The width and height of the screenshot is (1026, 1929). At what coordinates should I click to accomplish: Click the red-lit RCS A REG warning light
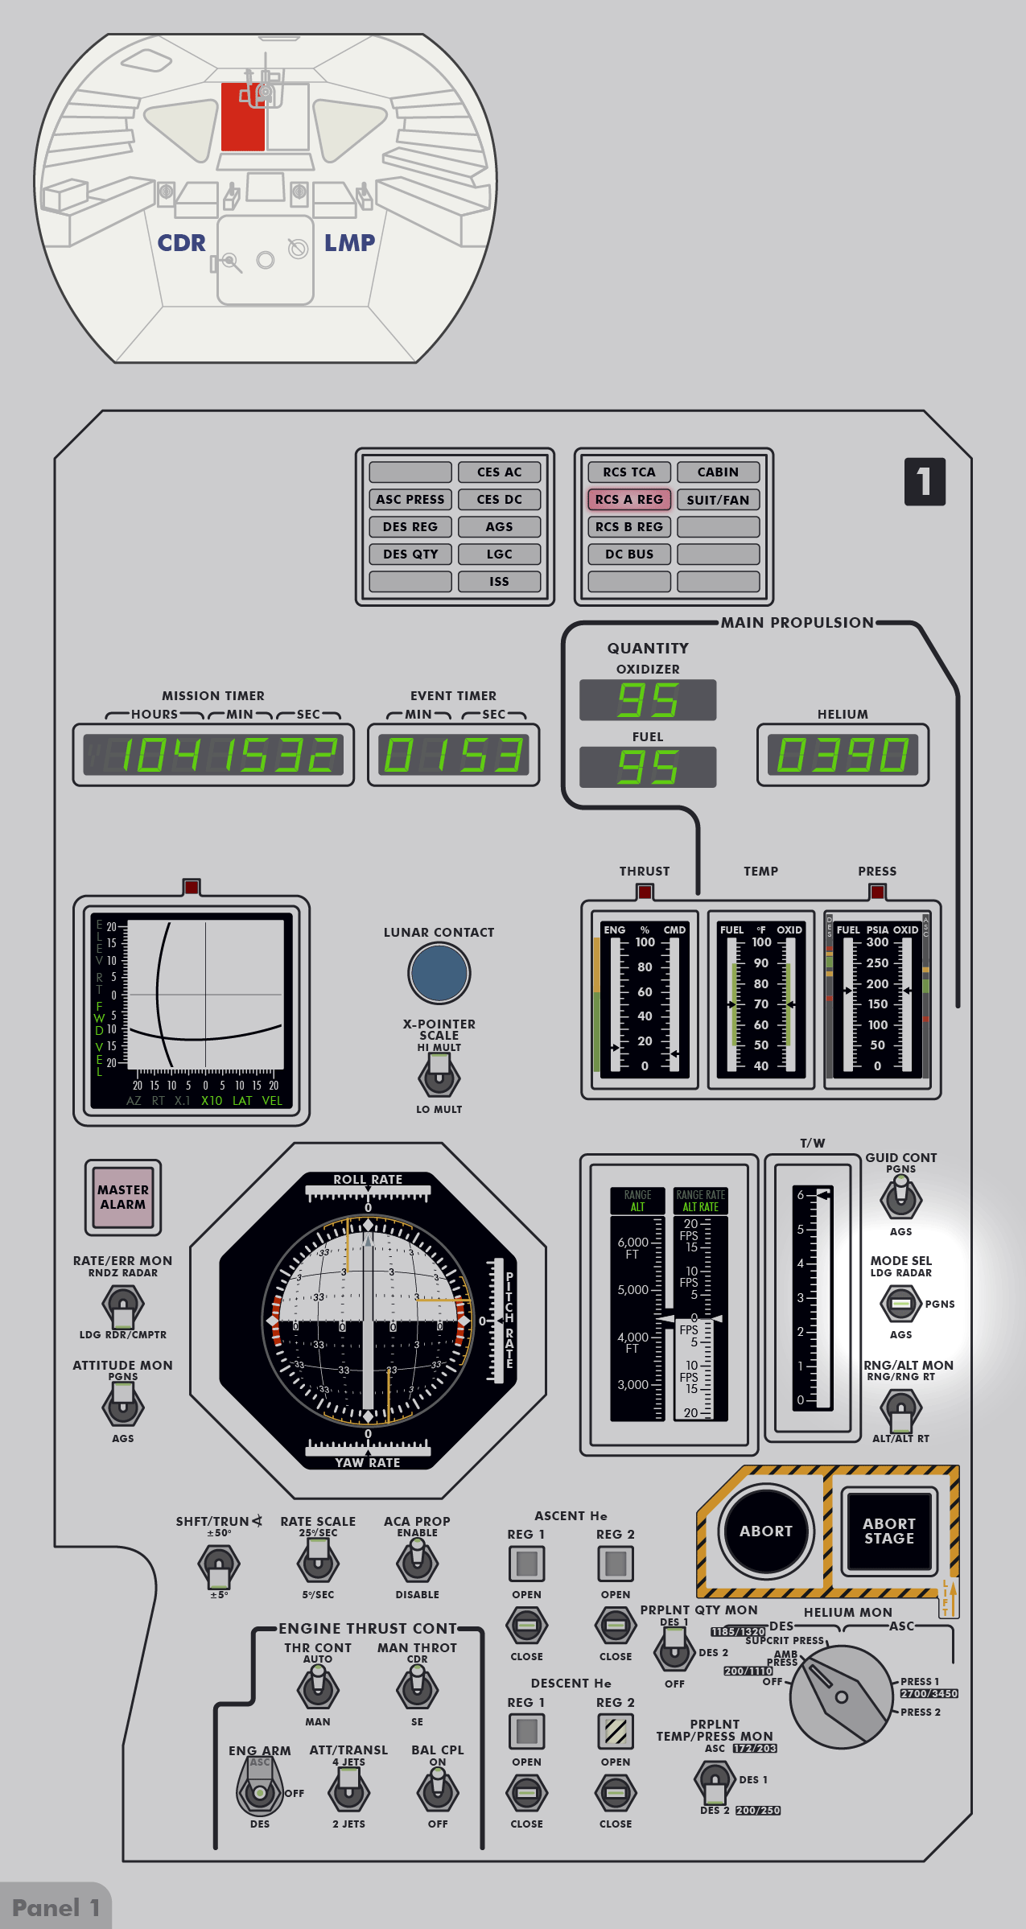(x=629, y=500)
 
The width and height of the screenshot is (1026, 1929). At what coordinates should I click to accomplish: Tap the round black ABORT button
(x=765, y=1531)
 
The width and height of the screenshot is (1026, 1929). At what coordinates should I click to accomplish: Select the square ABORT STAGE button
(x=888, y=1531)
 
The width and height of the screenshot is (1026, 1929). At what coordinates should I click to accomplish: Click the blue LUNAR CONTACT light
(x=439, y=973)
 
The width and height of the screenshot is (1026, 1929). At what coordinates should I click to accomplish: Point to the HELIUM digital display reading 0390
(x=843, y=755)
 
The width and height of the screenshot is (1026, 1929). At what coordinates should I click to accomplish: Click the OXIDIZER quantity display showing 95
(x=648, y=700)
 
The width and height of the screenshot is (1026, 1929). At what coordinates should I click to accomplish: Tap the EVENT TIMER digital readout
(x=453, y=755)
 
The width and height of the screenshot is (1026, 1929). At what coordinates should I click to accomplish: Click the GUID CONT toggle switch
(x=900, y=1196)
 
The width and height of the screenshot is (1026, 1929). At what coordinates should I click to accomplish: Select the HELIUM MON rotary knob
(x=841, y=1696)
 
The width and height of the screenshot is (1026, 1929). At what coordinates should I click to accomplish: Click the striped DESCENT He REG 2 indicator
(x=616, y=1731)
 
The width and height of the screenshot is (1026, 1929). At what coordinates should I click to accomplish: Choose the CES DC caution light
(x=499, y=500)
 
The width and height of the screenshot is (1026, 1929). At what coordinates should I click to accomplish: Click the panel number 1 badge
(x=925, y=482)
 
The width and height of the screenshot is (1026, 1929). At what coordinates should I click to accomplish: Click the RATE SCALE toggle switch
(x=318, y=1562)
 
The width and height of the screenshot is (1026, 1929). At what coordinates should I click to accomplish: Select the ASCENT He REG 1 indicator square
(x=527, y=1564)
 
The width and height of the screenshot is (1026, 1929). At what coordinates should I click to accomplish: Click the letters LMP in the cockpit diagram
(x=349, y=243)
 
